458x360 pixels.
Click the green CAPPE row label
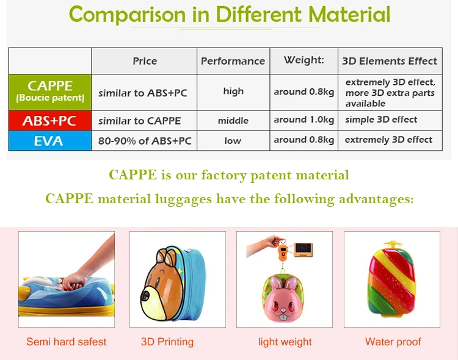coord(50,92)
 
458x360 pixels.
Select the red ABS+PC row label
coord(50,120)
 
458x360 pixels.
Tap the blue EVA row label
coord(50,140)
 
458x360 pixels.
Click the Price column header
coord(145,61)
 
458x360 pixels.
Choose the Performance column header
coord(233,61)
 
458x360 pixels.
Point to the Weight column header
coord(304,60)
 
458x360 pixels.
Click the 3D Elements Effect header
coord(390,61)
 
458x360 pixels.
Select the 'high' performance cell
coord(233,92)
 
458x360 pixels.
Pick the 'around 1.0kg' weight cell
coord(304,120)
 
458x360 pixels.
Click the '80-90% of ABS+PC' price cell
coord(145,141)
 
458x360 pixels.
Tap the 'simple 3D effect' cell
coord(381,120)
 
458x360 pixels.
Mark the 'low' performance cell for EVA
coord(233,140)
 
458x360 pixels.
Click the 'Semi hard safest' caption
coord(66,342)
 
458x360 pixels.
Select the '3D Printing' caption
coord(167,342)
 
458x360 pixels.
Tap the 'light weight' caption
coord(285,342)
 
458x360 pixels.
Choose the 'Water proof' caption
coord(393,342)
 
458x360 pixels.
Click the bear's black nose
coord(147,297)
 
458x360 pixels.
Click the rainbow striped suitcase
coord(392,281)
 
